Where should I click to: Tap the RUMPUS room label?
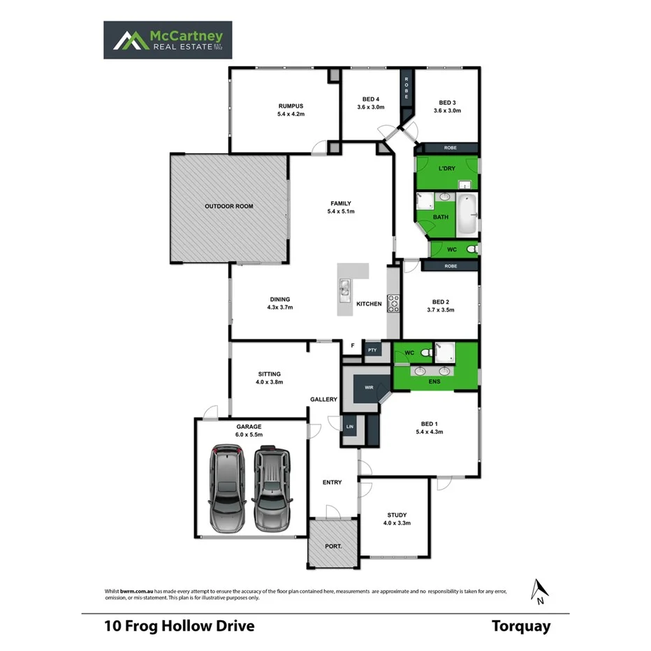[x=291, y=105]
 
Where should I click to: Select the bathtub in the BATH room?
[x=467, y=215]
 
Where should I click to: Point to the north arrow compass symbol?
[x=538, y=591]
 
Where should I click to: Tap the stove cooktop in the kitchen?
[x=394, y=303]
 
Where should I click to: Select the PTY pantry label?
[x=372, y=350]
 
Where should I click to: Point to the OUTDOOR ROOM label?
[x=228, y=206]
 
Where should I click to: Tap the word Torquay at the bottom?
[x=520, y=626]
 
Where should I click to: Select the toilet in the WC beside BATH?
[x=471, y=249]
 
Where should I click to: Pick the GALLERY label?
[x=324, y=400]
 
